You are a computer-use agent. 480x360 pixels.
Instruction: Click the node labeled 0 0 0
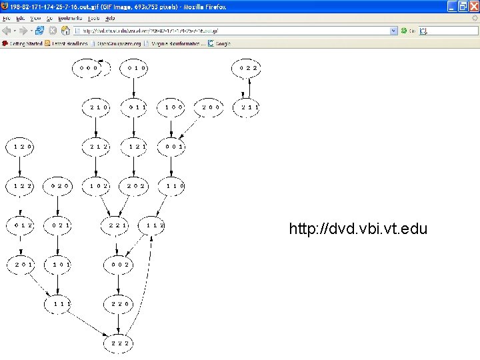coord(89,67)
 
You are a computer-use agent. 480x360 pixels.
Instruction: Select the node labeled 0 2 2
coord(249,67)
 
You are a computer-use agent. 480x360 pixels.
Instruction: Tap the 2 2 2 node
coord(119,343)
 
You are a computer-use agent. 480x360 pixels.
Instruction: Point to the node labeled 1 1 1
coord(59,304)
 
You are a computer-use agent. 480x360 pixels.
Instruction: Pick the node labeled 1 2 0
coord(23,146)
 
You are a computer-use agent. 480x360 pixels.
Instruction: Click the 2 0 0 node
coord(211,107)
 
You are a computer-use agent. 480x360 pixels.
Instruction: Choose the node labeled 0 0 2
coord(119,265)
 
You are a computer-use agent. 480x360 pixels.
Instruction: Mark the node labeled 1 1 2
coord(155,225)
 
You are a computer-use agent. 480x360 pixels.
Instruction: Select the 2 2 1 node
coord(119,225)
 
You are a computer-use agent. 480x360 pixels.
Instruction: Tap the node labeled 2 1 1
coord(249,107)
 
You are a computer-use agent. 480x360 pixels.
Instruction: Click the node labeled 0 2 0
coord(60,186)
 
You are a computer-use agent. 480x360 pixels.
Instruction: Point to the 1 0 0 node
coord(174,107)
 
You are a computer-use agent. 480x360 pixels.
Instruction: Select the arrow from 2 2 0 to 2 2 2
coord(119,324)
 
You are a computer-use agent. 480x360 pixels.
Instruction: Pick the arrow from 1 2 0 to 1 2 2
coord(23,166)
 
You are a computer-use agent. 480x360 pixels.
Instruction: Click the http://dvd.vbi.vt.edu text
coord(358,229)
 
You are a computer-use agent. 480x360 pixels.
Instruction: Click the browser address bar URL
coord(233,31)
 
